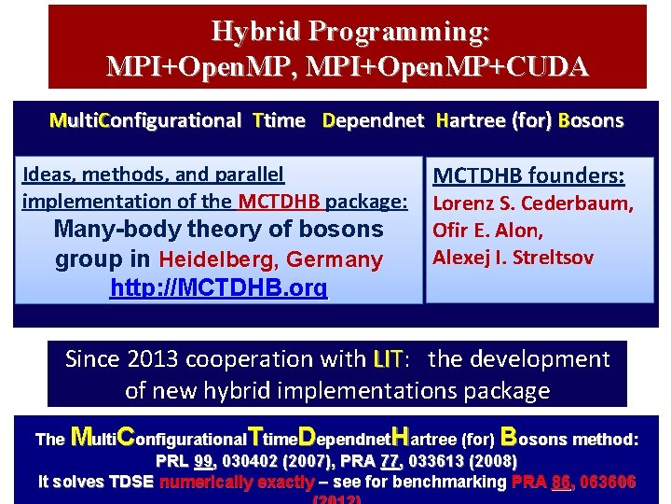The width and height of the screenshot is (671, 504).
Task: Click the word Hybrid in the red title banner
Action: point(255,33)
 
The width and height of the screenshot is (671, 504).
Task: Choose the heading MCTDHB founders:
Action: point(528,176)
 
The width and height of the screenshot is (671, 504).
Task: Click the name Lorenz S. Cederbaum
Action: point(533,204)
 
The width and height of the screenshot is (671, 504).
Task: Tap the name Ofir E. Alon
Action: point(487,231)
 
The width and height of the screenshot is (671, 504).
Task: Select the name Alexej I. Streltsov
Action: point(513,258)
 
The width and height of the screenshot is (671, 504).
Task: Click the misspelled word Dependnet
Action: point(373,120)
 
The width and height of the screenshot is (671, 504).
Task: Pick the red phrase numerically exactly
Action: point(237,482)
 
